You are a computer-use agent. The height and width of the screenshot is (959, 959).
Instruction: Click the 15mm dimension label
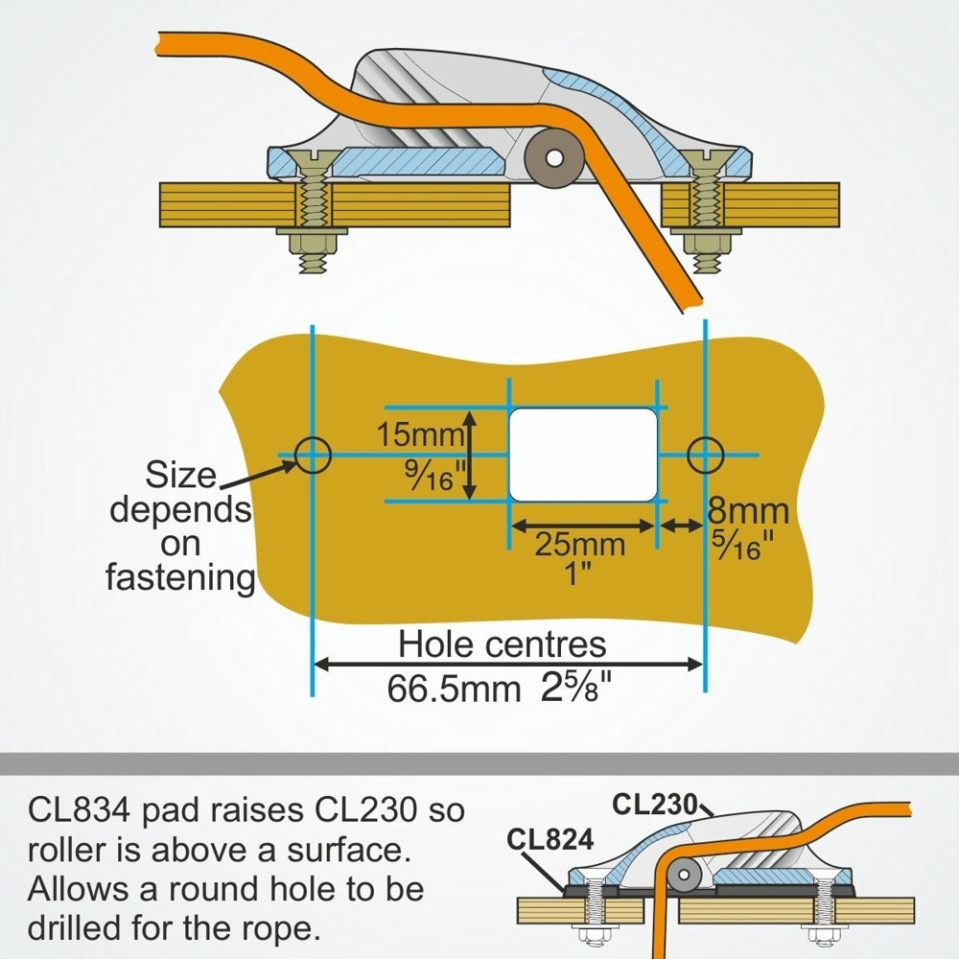click(x=420, y=434)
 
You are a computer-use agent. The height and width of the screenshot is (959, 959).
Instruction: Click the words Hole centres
click(x=503, y=644)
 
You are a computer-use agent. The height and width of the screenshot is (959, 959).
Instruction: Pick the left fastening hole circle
click(x=313, y=455)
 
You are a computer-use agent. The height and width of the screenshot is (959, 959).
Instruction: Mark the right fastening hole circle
click(x=705, y=454)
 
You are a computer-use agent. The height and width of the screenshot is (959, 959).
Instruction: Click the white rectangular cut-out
click(x=582, y=455)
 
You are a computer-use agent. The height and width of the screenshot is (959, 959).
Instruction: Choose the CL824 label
click(x=550, y=839)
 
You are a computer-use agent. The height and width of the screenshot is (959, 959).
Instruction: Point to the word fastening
click(x=180, y=578)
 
